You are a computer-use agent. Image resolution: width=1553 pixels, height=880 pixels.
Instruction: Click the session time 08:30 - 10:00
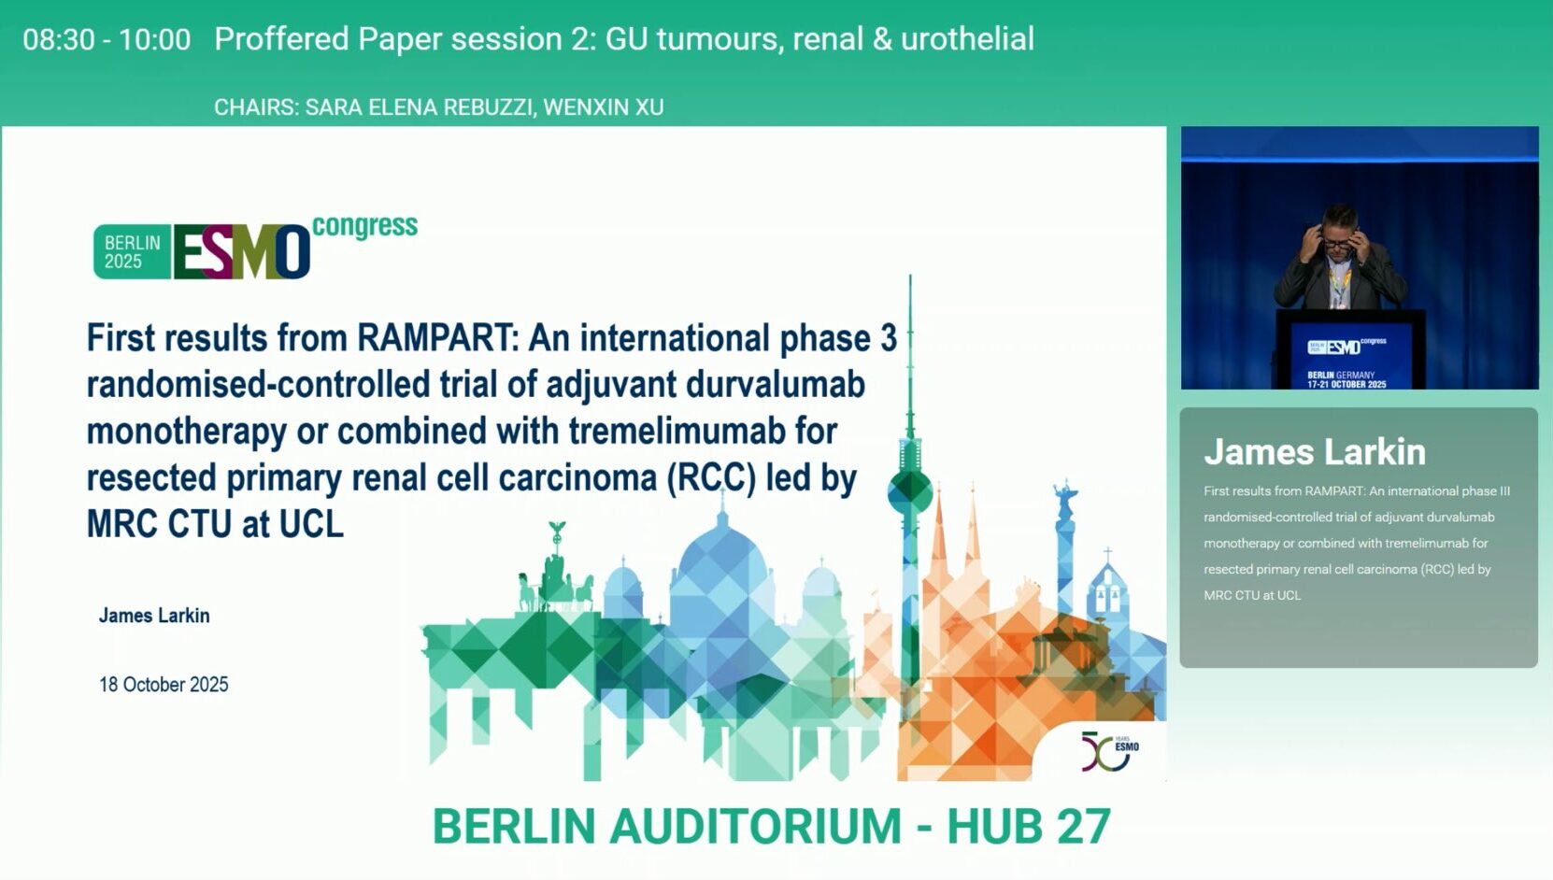click(x=107, y=39)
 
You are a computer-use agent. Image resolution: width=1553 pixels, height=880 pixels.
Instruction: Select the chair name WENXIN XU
click(x=604, y=107)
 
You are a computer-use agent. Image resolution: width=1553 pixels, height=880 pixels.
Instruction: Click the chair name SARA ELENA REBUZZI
click(x=420, y=107)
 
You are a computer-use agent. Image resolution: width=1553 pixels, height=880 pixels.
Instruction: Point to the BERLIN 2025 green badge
click(x=132, y=251)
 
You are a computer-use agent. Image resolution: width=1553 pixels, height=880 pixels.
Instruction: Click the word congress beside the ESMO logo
click(x=364, y=227)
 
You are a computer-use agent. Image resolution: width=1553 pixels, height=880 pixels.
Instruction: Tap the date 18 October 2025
click(x=164, y=685)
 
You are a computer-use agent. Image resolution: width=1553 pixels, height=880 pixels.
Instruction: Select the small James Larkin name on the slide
click(x=154, y=616)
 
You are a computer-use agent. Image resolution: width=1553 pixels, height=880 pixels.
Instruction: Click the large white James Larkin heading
click(x=1315, y=452)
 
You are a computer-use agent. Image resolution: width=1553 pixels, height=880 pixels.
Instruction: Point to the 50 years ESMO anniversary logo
click(x=1109, y=751)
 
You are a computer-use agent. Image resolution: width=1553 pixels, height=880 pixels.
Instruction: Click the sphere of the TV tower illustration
click(x=909, y=490)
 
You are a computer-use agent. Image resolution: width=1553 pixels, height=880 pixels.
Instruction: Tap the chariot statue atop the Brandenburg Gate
click(x=555, y=582)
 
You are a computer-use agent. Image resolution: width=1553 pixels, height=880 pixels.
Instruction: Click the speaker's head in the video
click(x=1339, y=229)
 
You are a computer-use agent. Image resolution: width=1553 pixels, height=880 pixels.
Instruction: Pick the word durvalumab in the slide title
click(x=776, y=385)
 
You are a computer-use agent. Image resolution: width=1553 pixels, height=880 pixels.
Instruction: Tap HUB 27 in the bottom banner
click(x=1029, y=826)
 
